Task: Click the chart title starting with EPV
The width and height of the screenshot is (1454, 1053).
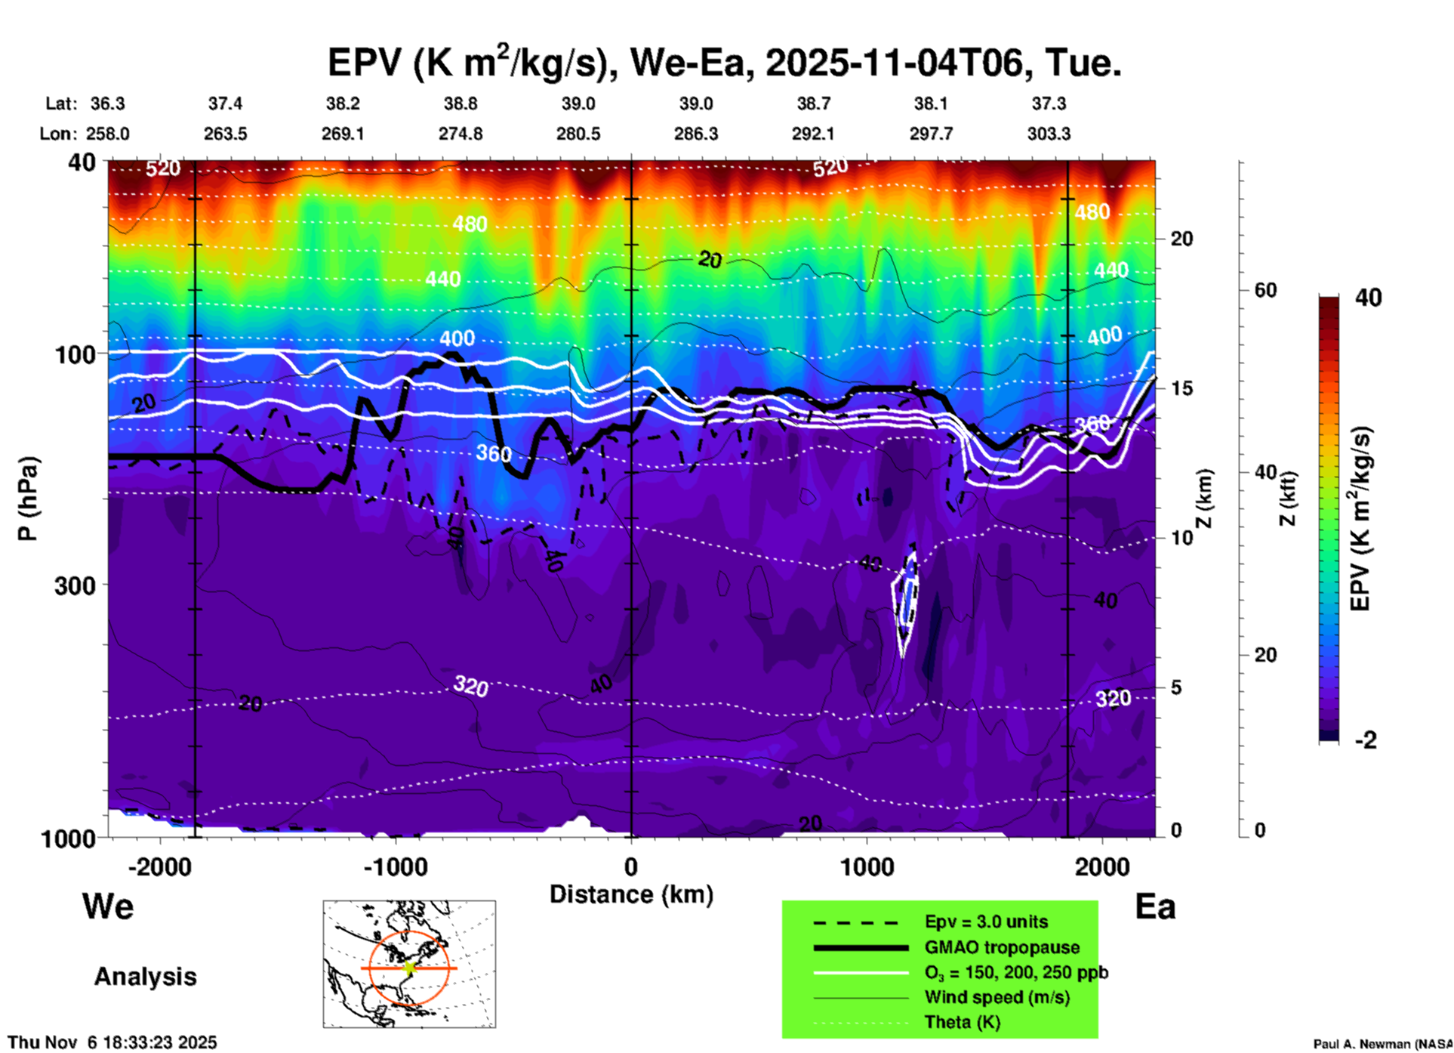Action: click(x=724, y=62)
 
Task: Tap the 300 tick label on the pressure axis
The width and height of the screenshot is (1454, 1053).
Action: click(x=75, y=585)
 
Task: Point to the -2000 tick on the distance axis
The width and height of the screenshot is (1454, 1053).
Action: click(x=160, y=866)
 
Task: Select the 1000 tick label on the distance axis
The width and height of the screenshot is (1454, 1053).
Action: click(x=867, y=866)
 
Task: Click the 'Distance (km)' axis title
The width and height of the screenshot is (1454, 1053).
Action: click(x=631, y=894)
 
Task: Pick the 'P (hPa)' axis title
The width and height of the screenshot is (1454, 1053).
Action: click(x=28, y=499)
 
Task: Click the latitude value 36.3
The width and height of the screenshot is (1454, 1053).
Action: click(x=107, y=103)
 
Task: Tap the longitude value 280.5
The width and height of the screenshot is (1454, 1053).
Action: click(x=578, y=134)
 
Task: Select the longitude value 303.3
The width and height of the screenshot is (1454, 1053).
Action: click(x=1049, y=134)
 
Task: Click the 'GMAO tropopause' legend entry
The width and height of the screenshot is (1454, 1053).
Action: click(x=1002, y=947)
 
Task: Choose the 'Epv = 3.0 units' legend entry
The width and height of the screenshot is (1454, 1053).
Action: click(x=986, y=922)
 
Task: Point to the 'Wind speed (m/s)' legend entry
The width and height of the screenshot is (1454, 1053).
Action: click(x=997, y=997)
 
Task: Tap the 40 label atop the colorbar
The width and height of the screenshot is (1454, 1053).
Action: click(x=1368, y=298)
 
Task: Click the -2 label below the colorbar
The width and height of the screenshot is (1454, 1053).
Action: click(x=1366, y=740)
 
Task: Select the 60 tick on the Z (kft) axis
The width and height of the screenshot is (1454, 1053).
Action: click(x=1266, y=290)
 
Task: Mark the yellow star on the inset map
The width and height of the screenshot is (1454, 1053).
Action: click(x=409, y=967)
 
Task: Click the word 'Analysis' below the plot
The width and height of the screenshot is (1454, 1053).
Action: click(x=145, y=977)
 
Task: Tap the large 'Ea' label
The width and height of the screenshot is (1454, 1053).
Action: click(x=1155, y=906)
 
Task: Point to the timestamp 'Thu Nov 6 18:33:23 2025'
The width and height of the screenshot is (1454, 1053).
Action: click(x=112, y=1042)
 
